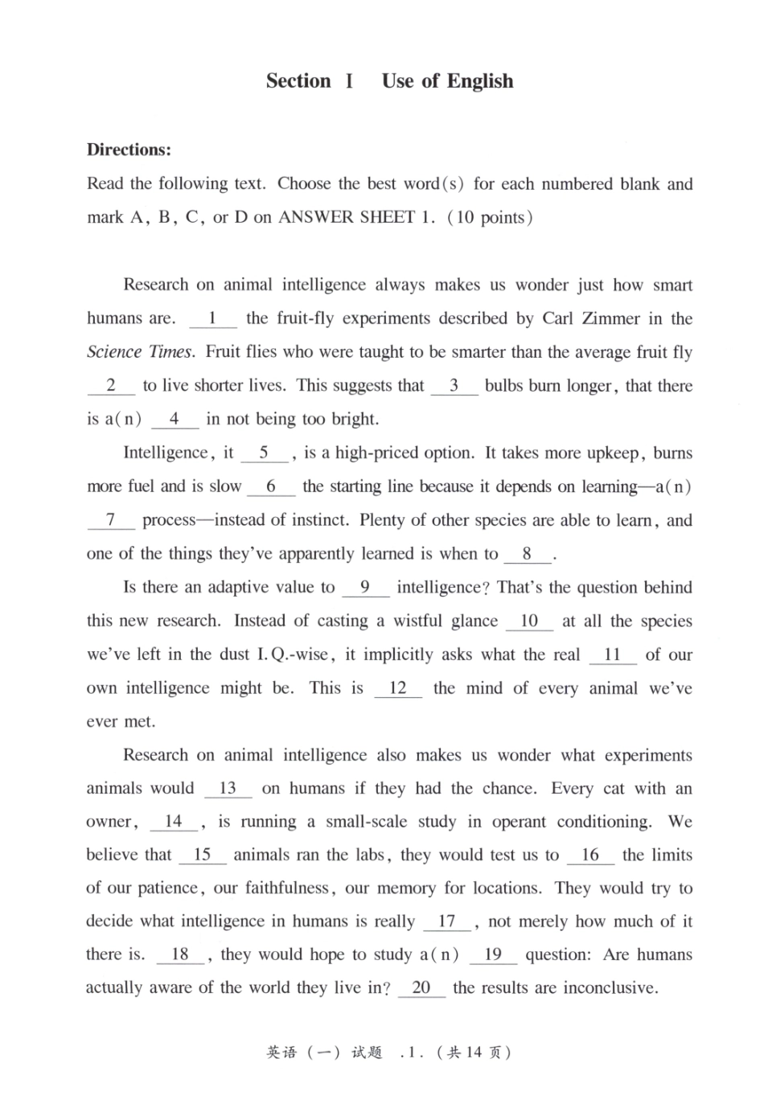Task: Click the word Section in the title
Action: (x=298, y=81)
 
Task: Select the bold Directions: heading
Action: (x=129, y=150)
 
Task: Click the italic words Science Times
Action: (x=140, y=352)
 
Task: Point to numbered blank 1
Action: (x=212, y=319)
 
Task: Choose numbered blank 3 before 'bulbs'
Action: (x=454, y=386)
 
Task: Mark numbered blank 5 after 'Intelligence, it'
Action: (x=264, y=453)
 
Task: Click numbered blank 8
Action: (x=527, y=554)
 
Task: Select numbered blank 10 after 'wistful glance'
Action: (x=529, y=622)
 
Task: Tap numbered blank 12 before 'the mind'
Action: (x=397, y=689)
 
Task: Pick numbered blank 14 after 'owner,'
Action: (x=173, y=822)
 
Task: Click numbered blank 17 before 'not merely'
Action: (x=446, y=921)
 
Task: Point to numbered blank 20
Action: (x=421, y=988)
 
